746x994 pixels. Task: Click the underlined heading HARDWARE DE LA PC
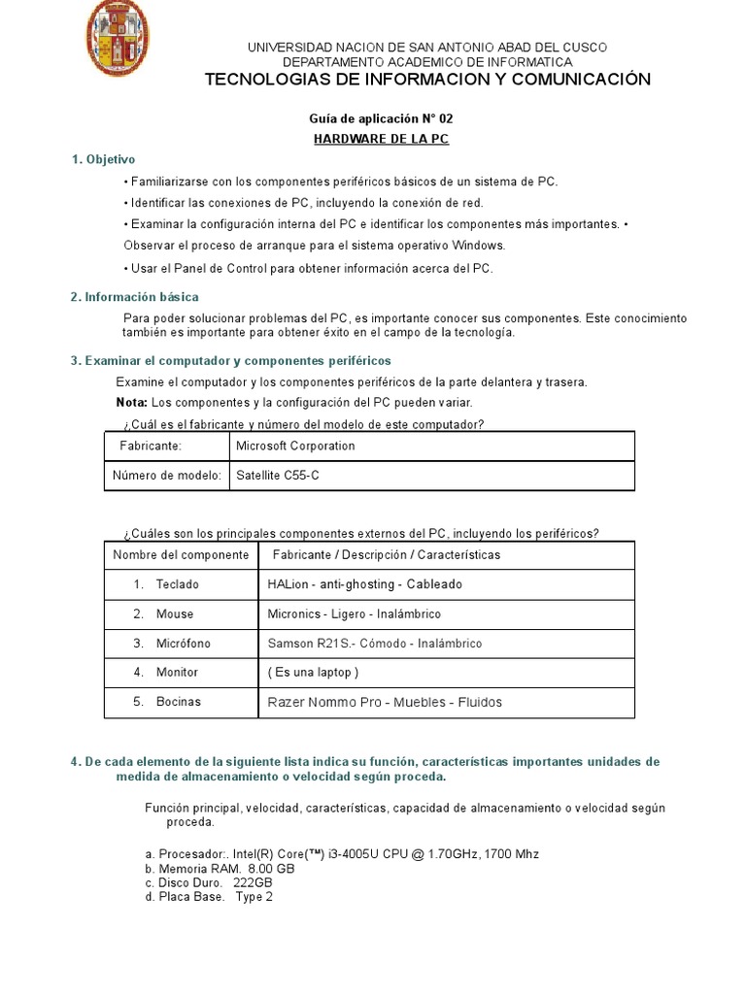381,139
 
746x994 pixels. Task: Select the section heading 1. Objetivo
103,159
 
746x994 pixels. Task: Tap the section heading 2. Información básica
134,297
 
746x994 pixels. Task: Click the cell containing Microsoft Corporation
296,447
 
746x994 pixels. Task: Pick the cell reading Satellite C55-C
277,476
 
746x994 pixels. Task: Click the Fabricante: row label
151,447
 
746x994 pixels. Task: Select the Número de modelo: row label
167,476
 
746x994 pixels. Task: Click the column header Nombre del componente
181,555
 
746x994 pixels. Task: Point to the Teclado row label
176,584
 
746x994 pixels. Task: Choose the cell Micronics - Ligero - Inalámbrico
354,614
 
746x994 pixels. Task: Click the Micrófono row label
183,644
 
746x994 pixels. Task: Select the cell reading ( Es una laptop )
313,673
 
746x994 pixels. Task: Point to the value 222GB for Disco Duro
253,883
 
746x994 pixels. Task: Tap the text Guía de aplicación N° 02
381,118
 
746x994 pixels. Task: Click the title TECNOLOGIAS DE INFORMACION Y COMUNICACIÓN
427,80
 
